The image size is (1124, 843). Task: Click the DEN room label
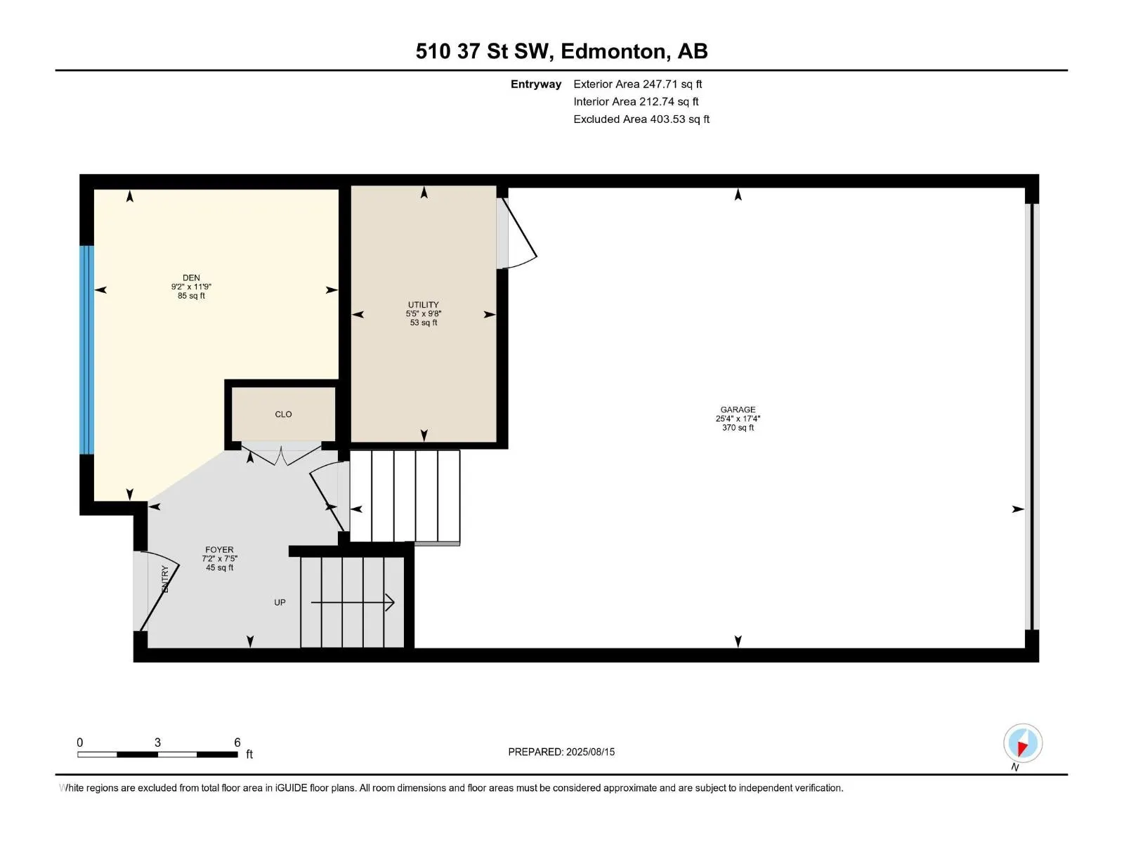click(191, 278)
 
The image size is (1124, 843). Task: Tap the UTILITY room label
click(423, 305)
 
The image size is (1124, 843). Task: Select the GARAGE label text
click(738, 410)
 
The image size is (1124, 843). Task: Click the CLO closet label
click(283, 414)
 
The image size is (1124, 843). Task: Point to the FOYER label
click(219, 550)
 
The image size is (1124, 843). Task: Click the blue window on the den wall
click(86, 350)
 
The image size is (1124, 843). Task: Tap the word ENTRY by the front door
click(164, 579)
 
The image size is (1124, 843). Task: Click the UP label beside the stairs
click(280, 603)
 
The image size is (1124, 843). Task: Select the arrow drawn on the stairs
click(353, 603)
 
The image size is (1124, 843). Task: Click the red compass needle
click(1022, 748)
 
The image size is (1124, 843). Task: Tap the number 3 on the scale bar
click(158, 742)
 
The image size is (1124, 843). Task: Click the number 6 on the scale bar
click(237, 742)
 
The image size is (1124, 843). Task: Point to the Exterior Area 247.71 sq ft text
click(638, 84)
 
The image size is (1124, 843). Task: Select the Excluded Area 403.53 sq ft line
click(641, 119)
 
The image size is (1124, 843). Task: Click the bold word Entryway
click(535, 84)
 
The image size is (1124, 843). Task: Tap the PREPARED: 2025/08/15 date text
click(561, 752)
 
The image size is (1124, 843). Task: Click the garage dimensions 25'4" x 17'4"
click(738, 419)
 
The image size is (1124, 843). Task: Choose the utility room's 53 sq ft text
click(424, 322)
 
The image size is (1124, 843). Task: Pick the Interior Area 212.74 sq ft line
click(636, 102)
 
